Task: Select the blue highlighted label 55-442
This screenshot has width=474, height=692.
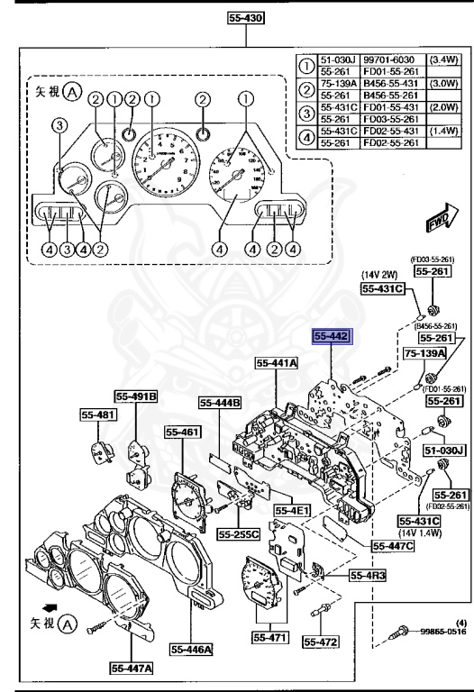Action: coord(331,338)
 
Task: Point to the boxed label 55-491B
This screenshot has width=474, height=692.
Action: coord(135,395)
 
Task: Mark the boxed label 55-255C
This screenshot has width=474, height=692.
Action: coord(238,534)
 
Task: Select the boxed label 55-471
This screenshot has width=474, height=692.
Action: coord(267,636)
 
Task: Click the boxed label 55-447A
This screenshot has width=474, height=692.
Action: coord(132,668)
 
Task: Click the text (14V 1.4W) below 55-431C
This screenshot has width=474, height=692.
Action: coord(418,533)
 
